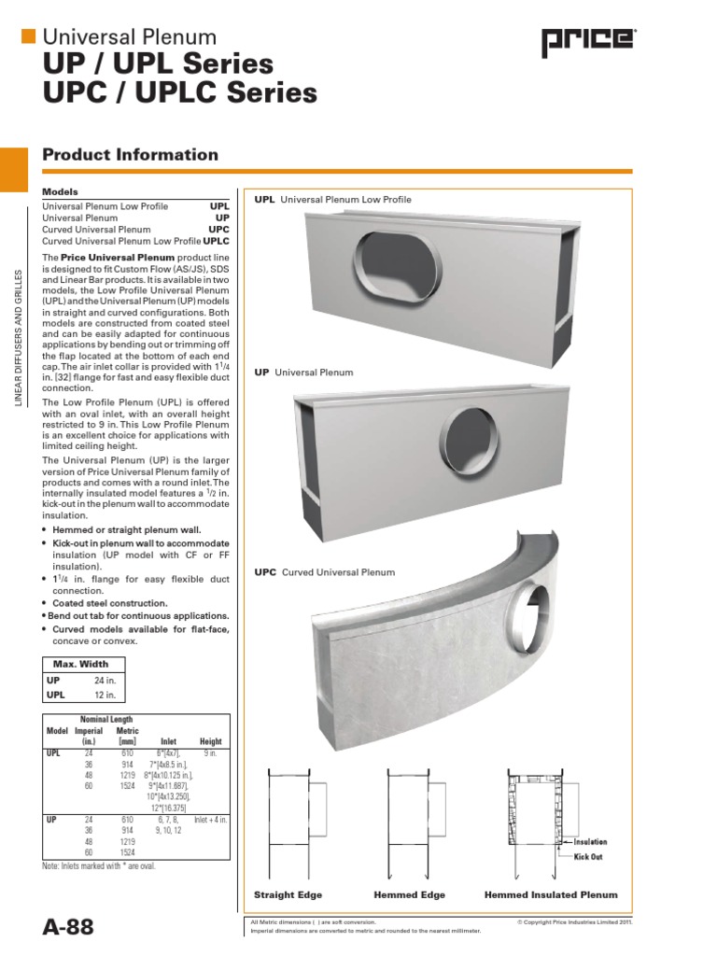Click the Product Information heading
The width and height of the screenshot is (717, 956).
pos(131,155)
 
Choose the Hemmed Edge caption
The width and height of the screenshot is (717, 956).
pos(409,894)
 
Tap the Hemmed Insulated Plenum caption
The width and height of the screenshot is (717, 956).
pos(551,894)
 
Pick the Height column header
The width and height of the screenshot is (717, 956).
pos(211,741)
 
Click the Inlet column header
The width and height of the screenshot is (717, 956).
pos(168,741)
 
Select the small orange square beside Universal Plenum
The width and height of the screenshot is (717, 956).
pos(28,35)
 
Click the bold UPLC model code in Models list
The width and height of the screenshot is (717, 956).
pos(216,242)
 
